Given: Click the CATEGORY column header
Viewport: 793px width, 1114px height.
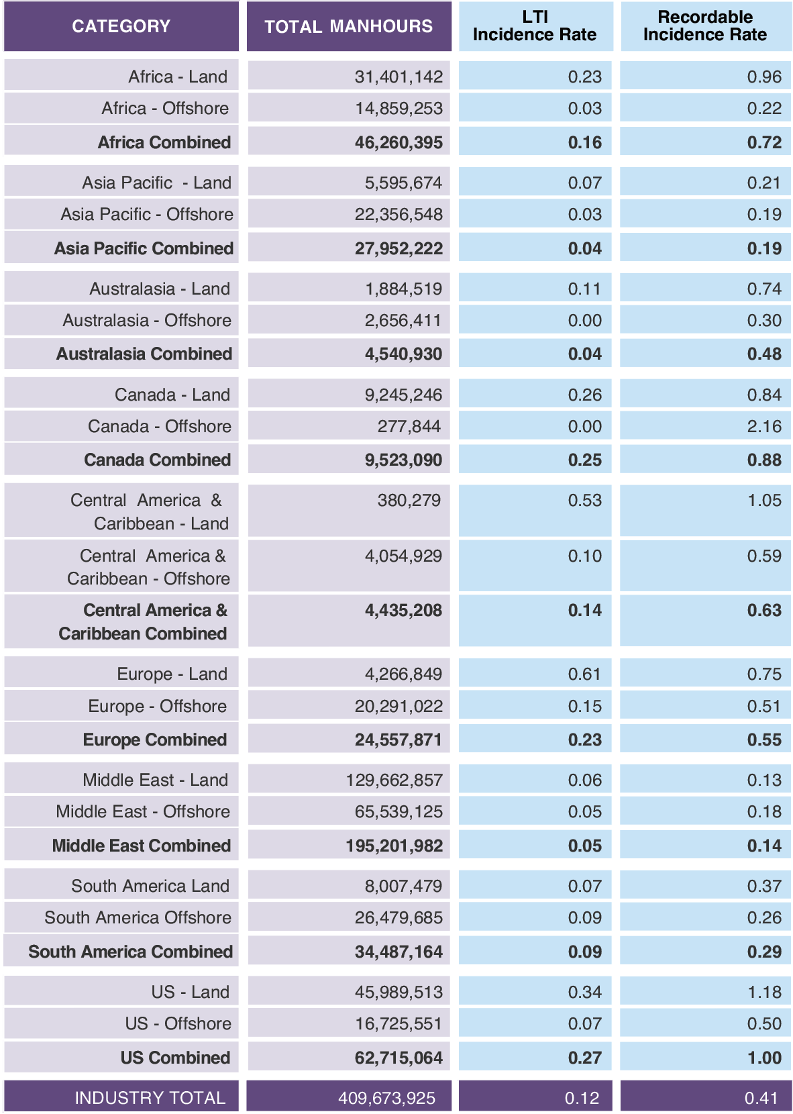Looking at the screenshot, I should (x=121, y=26).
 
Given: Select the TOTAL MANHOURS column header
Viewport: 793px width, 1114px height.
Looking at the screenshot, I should (x=348, y=26).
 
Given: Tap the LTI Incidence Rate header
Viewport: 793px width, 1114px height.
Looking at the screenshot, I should (x=535, y=26).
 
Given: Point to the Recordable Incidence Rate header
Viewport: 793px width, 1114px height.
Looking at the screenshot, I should (x=705, y=26).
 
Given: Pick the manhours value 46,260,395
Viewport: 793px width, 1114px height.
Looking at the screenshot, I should (x=399, y=142).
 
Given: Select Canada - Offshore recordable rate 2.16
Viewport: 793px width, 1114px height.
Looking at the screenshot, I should (x=764, y=426).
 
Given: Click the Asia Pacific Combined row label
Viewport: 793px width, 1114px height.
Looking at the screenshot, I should (x=144, y=248).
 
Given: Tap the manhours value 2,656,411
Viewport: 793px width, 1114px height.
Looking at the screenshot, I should (x=403, y=320).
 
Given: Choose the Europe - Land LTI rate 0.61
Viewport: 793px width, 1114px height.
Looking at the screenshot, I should (x=584, y=674).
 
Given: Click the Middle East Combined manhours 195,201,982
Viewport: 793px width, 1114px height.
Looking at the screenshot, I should (x=394, y=846).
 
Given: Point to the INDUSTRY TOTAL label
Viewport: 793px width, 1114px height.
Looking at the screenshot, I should (x=150, y=1098).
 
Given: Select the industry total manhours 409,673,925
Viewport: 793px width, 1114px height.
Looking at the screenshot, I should (x=386, y=1098).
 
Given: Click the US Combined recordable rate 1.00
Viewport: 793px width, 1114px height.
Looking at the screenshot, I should (x=764, y=1058).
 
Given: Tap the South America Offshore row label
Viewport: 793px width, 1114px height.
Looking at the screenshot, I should (x=138, y=917).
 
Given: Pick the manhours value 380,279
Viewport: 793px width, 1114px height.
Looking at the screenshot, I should (x=409, y=500).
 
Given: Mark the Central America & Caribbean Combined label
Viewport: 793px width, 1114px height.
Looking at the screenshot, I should (x=143, y=621).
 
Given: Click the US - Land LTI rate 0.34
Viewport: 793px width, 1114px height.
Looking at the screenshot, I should (x=584, y=992).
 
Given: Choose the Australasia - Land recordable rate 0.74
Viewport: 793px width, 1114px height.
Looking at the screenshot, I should (x=764, y=289).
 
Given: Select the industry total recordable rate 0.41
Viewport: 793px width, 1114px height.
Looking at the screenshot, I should (x=761, y=1098).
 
